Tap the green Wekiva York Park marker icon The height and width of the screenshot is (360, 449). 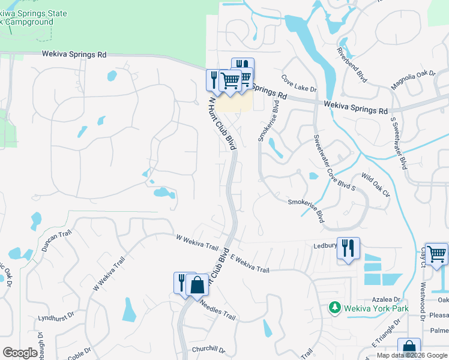336,308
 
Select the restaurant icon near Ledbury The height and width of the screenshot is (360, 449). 348,248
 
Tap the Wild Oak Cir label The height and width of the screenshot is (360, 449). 376,185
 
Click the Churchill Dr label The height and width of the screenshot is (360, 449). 208,349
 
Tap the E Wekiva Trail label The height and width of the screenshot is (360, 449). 249,264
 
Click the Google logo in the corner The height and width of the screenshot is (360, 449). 20,353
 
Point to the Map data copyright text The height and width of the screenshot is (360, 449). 412,355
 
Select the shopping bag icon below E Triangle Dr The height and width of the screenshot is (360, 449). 409,349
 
